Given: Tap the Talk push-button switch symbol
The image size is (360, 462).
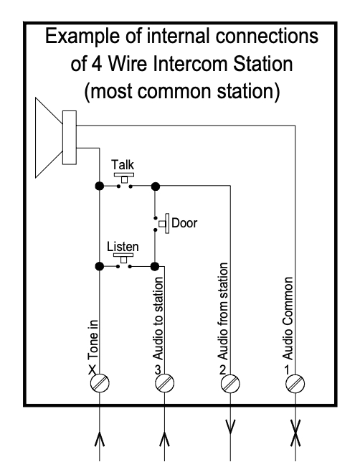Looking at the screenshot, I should (126, 181).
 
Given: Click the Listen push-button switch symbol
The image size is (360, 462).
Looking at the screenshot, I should (126, 260).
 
